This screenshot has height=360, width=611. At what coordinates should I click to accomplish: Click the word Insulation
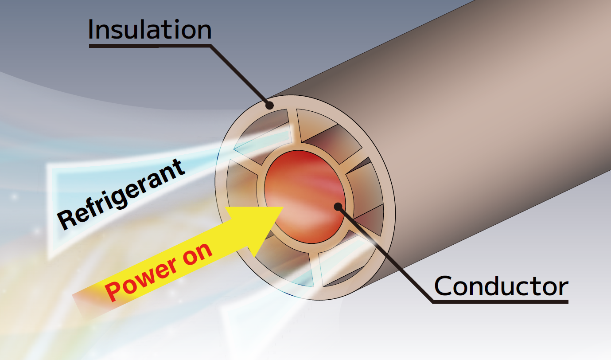150,30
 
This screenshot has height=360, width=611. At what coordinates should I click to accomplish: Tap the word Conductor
501,286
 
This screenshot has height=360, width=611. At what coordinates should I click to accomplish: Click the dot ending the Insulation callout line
269,106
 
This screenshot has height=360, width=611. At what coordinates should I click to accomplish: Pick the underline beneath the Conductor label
501,302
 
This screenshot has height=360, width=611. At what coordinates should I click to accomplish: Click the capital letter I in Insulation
92,30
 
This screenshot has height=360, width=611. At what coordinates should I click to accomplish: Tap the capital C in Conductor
444,286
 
